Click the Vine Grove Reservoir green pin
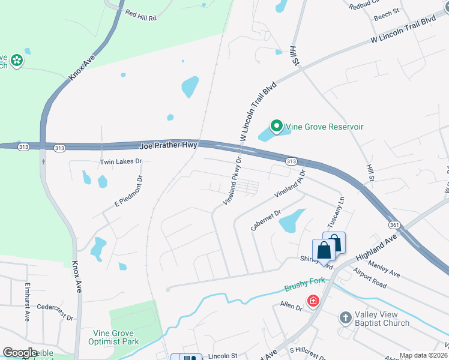(x=276, y=126)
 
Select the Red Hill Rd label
(x=140, y=14)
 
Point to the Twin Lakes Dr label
(x=121, y=162)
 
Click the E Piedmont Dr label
(x=128, y=192)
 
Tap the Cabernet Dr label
(x=266, y=220)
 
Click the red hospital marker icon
(x=312, y=301)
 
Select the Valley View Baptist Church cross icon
(x=345, y=316)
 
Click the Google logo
(x=20, y=353)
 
